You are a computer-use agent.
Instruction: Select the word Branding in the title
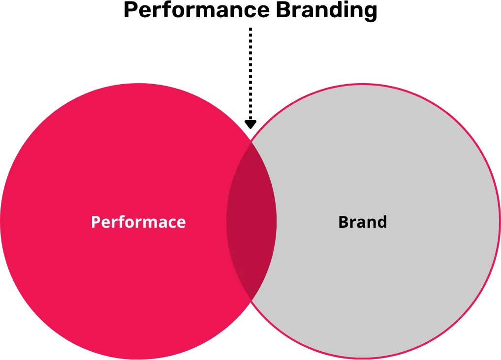coord(327,11)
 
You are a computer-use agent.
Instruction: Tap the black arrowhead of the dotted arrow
coord(250,124)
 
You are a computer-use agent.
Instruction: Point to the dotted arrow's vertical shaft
coord(250,74)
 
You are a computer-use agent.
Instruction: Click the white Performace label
coord(138,222)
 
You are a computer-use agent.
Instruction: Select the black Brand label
coord(363,222)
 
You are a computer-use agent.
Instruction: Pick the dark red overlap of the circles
coord(251,221)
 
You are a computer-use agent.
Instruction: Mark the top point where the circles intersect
coord(251,142)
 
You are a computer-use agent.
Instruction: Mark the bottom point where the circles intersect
coord(251,300)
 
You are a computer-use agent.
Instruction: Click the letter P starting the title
coord(130,10)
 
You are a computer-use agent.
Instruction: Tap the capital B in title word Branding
coord(283,10)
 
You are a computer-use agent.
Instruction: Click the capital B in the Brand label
coord(344,222)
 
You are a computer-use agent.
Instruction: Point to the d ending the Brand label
coord(381,222)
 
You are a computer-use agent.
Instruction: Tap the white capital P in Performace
coord(96,222)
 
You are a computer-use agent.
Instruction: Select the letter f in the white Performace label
coord(124,222)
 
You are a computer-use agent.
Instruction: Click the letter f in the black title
coord(169,9)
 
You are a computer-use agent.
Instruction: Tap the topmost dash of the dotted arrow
coord(250,30)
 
